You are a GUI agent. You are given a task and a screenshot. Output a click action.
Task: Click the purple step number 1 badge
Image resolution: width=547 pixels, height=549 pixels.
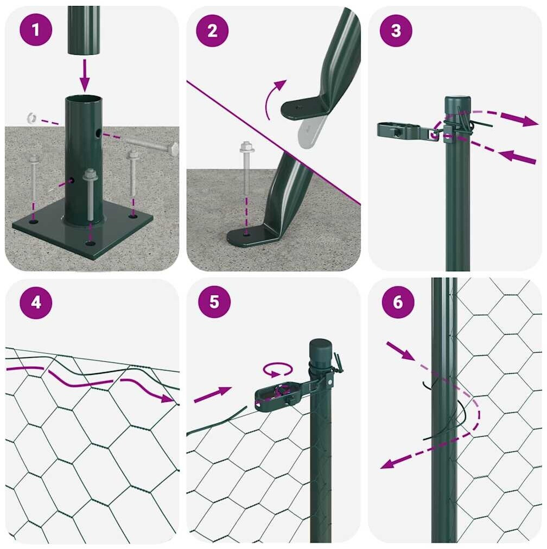click(x=36, y=30)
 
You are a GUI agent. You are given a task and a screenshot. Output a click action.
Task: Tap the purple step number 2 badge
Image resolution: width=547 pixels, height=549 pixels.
click(x=212, y=31)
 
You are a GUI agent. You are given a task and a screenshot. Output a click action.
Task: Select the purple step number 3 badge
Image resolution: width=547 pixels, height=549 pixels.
click(x=396, y=31)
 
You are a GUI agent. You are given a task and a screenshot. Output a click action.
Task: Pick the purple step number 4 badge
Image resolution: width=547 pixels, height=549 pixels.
click(x=36, y=303)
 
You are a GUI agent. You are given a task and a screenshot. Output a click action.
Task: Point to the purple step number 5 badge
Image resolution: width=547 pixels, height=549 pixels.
click(x=214, y=302)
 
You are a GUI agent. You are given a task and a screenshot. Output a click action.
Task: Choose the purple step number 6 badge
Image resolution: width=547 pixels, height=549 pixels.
click(x=398, y=302)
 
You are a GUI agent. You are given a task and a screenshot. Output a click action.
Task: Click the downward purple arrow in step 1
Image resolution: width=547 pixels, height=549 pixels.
click(x=85, y=75)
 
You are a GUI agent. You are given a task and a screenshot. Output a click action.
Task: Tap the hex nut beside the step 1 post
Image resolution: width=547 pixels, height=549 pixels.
click(x=31, y=118)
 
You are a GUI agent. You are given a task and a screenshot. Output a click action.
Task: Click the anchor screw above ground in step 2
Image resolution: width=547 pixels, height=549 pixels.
click(x=246, y=168)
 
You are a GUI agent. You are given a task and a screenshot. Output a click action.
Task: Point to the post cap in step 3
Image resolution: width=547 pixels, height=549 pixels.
click(x=457, y=105)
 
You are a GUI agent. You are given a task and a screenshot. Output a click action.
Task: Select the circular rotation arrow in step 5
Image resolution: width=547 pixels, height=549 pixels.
click(x=278, y=370)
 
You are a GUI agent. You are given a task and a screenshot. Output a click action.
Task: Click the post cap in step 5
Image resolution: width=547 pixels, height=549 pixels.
click(x=320, y=353)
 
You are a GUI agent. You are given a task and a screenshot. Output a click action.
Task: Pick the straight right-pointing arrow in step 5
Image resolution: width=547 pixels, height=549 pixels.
click(x=213, y=394)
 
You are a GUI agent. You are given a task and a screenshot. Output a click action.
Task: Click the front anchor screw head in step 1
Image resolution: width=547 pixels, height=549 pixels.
click(x=90, y=174)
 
